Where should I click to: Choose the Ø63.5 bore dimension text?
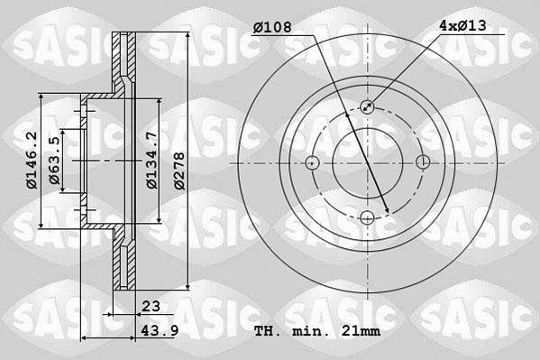[x=55, y=162]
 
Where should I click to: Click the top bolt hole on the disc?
[x=367, y=107]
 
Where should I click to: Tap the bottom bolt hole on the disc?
[x=367, y=217]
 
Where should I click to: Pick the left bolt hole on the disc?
[x=312, y=162]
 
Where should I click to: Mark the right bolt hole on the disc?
[x=422, y=162]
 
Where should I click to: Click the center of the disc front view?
[x=367, y=162]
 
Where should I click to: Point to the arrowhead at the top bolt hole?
[x=371, y=104]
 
